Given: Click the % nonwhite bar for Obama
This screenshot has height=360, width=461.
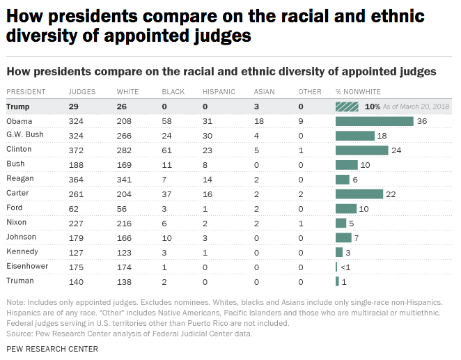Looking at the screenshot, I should (x=375, y=121).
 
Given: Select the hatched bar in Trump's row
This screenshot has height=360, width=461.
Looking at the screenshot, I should (x=347, y=107).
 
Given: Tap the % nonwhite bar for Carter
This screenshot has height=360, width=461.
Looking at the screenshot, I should (x=359, y=194).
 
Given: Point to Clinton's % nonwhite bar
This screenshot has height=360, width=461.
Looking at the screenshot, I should (x=361, y=150).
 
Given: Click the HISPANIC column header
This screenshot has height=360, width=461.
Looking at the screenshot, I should (x=219, y=92).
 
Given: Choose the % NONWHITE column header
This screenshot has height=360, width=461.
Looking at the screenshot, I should (x=359, y=92).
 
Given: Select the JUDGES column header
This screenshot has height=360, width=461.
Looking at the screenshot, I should (x=82, y=92).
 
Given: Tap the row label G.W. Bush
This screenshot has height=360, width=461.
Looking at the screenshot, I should (x=25, y=135).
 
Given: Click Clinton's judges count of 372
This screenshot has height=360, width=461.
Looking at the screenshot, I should (x=76, y=150).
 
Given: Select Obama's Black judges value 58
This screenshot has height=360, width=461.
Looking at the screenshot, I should (x=166, y=121).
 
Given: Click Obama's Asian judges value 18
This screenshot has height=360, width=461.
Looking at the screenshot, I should (x=258, y=121).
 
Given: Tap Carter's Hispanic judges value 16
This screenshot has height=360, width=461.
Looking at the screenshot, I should (x=207, y=194).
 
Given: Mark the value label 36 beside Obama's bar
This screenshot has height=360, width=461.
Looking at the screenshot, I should (x=421, y=121).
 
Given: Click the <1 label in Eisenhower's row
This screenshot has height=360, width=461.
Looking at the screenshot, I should (x=345, y=267).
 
